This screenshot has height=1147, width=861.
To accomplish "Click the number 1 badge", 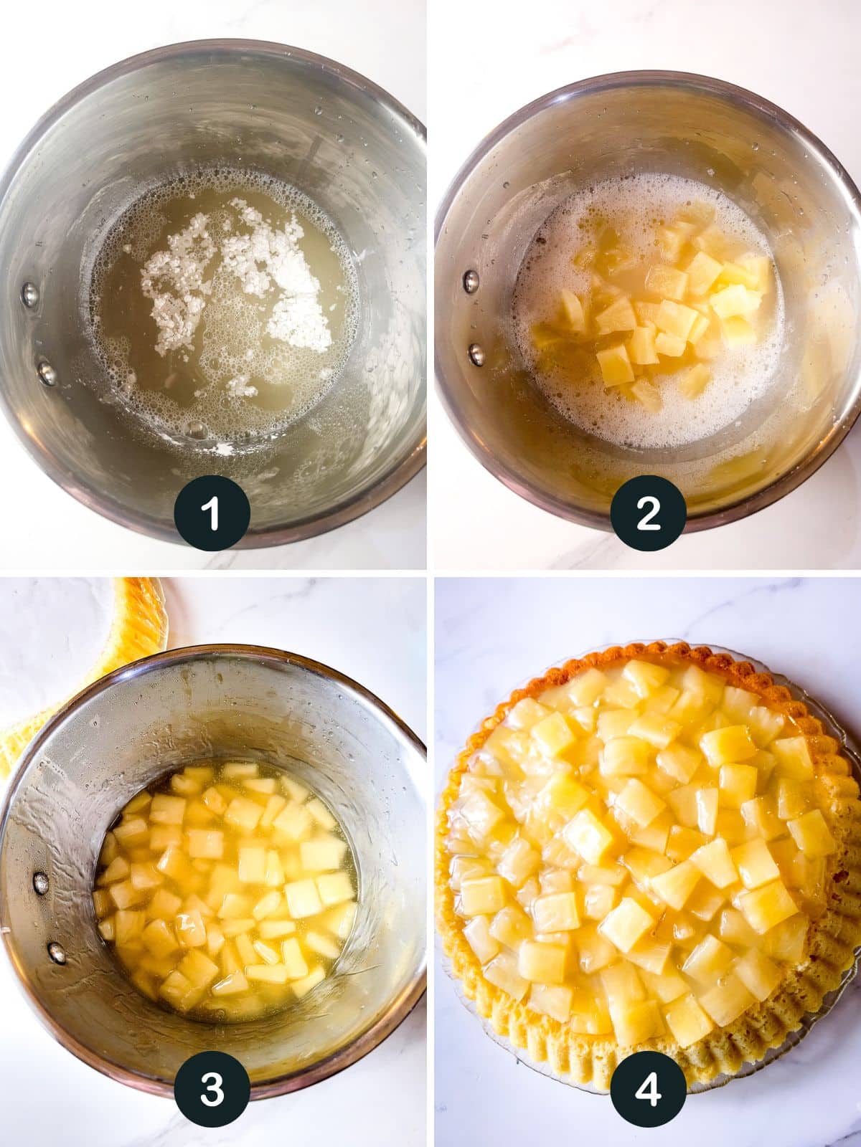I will coord(212,513).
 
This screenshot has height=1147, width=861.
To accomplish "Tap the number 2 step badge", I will coord(648,513).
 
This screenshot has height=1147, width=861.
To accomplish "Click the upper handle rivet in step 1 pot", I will coord(29,292).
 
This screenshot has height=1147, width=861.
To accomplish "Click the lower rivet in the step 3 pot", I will coord(56,951).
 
